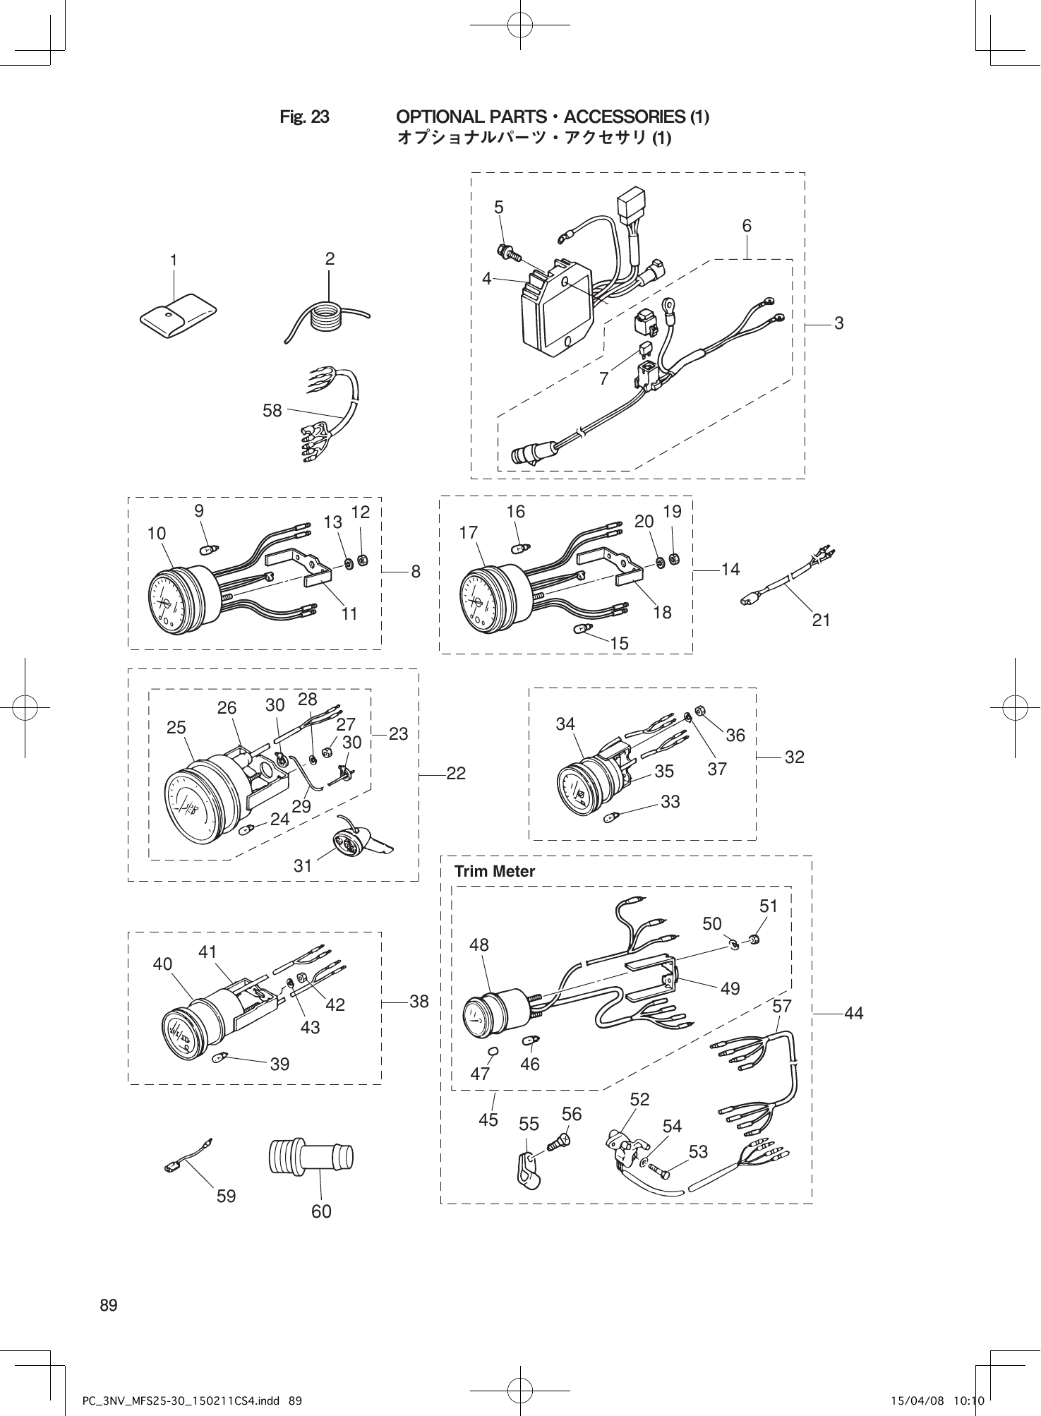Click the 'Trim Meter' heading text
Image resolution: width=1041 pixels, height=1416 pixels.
pos(495,871)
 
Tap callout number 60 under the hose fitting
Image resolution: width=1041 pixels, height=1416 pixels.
pos(321,1211)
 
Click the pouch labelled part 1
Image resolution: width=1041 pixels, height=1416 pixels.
pos(178,315)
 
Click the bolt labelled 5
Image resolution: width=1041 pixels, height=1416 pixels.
pos(507,251)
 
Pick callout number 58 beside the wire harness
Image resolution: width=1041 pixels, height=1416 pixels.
pos(272,410)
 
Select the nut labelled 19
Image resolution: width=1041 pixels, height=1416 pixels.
pos(673,558)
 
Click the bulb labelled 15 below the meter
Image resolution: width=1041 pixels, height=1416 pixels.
pos(582,628)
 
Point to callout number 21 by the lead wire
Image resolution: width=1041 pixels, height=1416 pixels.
pos(821,620)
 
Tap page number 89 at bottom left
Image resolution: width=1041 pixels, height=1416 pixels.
pos(109,1304)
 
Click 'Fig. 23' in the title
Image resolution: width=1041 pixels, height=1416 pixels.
pos(304,116)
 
